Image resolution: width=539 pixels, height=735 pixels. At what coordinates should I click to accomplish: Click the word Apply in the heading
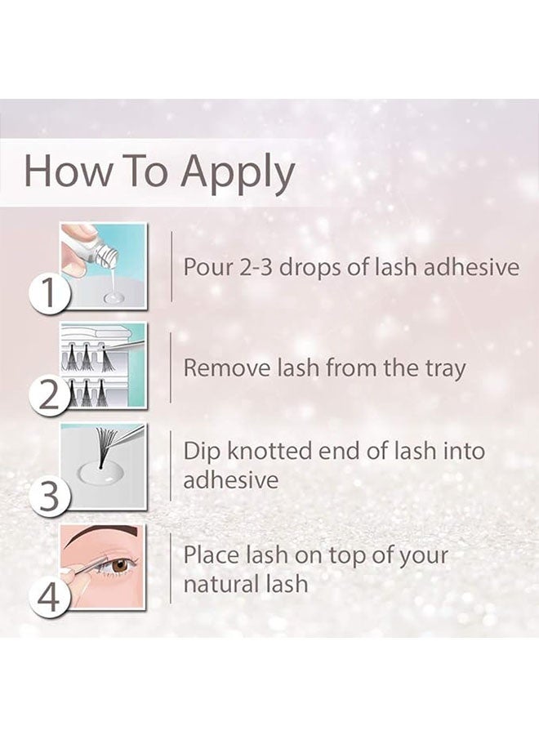(238, 173)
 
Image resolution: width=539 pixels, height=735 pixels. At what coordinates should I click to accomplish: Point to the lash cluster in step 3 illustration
(105, 445)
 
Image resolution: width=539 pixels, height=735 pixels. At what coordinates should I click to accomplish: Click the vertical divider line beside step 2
(171, 367)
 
